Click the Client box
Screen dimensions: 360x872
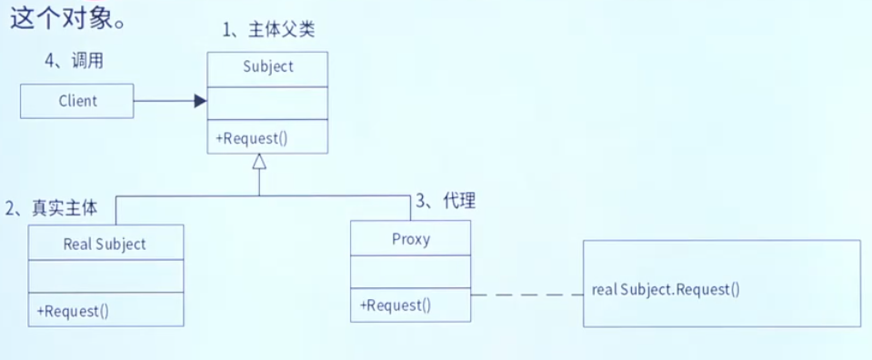click(77, 101)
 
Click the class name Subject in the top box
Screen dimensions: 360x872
click(268, 66)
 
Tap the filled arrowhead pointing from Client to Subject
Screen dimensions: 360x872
click(200, 101)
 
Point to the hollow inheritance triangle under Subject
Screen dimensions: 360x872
click(259, 162)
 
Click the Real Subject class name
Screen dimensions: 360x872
click(105, 244)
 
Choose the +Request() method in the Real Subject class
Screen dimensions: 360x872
click(73, 310)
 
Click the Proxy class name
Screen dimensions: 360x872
click(411, 240)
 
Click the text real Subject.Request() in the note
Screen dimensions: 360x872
click(666, 290)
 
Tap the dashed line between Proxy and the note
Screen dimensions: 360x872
click(527, 294)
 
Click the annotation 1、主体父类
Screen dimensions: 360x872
click(269, 29)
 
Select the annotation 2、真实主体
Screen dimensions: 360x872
click(52, 208)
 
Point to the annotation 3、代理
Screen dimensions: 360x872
click(446, 202)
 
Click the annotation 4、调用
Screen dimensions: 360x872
click(74, 61)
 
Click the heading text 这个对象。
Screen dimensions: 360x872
click(68, 17)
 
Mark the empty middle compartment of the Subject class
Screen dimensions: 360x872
click(267, 103)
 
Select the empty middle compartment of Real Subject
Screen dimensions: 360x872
click(105, 276)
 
